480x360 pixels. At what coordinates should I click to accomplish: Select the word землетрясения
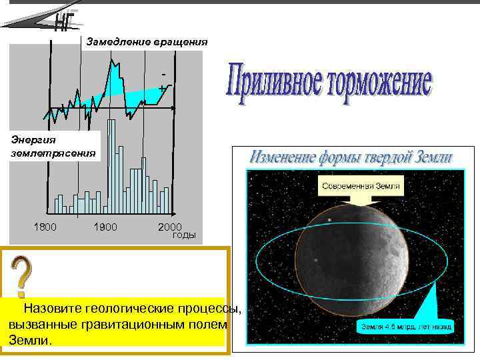pos(53,153)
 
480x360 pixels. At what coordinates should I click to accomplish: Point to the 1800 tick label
pos(45,227)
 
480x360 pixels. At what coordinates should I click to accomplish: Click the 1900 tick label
pos(105,227)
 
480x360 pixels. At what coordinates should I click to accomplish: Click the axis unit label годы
pos(184,235)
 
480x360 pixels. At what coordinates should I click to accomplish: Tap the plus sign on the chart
pos(162,87)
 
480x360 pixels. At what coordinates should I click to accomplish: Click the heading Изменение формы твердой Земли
pos(351,158)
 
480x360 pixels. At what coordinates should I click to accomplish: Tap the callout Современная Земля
pos(361,186)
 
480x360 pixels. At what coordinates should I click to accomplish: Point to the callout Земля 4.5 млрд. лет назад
pos(406,327)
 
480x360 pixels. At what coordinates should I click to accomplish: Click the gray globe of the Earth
pos(351,267)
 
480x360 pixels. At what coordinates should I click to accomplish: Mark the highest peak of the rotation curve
pos(113,59)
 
